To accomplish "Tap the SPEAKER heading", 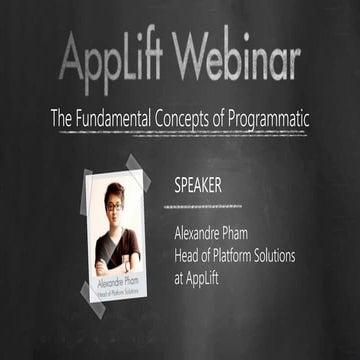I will tap(199, 186).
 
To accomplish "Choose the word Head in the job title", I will tap(188, 254).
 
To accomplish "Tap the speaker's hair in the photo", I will tap(115, 190).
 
